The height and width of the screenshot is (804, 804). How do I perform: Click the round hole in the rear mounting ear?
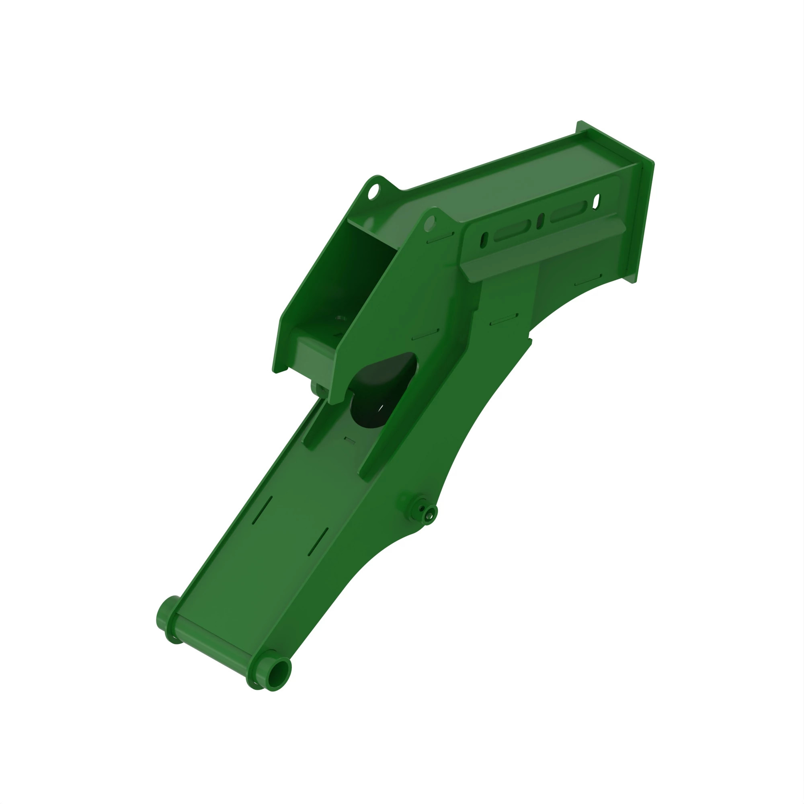[373, 192]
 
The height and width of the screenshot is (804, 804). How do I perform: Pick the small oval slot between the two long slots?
[540, 221]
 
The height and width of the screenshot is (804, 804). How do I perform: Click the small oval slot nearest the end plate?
[596, 201]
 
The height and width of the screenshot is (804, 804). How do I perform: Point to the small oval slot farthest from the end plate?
[484, 240]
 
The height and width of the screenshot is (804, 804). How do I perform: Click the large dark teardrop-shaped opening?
[381, 389]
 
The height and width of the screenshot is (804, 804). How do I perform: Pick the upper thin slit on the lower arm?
[263, 510]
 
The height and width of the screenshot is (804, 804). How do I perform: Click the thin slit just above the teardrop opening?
[425, 334]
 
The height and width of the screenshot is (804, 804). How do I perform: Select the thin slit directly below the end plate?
[588, 280]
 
